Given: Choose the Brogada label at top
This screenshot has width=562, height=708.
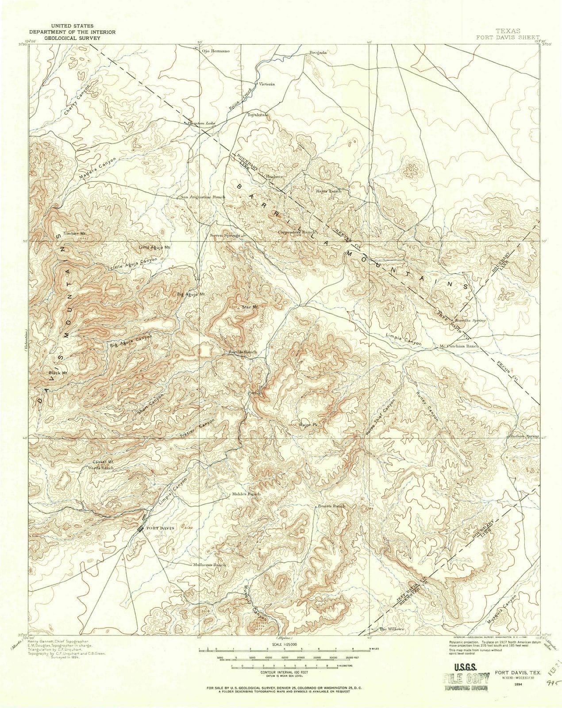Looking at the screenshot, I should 318,52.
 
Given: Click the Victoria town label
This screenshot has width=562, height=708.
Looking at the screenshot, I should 267,84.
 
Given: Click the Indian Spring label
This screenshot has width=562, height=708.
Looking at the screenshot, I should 524,436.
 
